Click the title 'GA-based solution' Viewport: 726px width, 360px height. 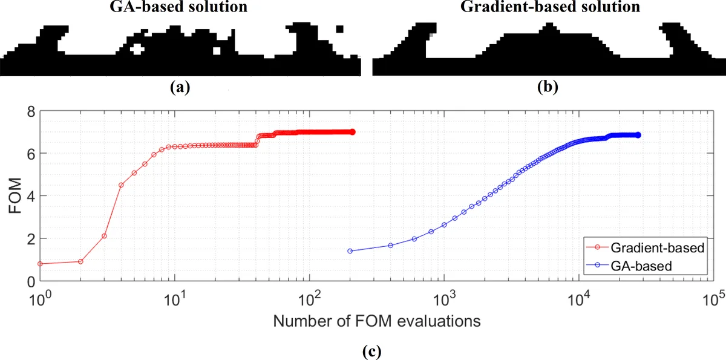(x=178, y=8)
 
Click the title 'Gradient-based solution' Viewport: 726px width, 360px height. (x=550, y=8)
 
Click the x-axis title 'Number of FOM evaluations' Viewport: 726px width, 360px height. (x=377, y=321)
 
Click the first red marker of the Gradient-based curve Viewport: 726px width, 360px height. (x=40, y=264)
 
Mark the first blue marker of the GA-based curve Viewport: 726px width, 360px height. (x=350, y=250)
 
